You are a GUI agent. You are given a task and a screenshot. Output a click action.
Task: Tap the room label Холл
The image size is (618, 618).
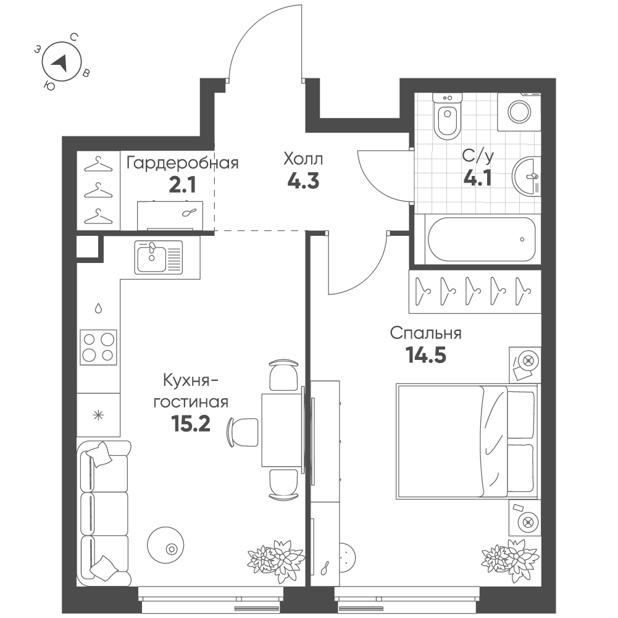point(303,159)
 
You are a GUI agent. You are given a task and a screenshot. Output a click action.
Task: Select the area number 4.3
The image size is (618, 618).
point(303,182)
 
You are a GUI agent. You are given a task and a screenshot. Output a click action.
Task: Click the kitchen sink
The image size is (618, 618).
point(158,256)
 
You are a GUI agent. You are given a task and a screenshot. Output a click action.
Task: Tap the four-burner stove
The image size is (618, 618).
point(99,346)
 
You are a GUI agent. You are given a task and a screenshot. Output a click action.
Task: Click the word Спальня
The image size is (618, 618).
point(426,334)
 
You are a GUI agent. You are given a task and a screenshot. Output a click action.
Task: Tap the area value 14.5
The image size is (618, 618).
point(425,356)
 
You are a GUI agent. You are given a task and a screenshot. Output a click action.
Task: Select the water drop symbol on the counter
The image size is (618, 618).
point(99,307)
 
